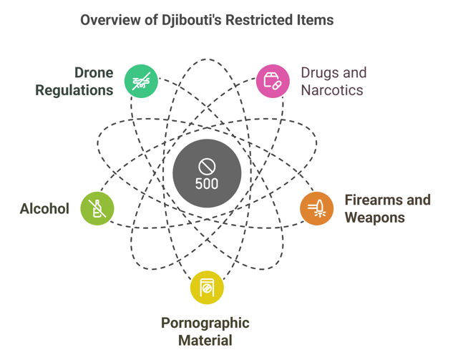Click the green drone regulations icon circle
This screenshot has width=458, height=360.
141,81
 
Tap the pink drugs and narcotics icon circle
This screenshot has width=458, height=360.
273,81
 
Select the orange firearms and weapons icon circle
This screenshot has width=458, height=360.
316,208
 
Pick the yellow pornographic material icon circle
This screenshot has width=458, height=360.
207,288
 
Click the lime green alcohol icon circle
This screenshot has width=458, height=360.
97,208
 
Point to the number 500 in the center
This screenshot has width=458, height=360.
207,183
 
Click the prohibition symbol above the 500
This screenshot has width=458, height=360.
207,167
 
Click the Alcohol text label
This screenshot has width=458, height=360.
44,209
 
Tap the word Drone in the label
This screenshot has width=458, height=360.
94,73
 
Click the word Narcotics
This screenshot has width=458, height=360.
332,90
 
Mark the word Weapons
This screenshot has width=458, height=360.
375,217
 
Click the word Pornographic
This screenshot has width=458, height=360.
205,323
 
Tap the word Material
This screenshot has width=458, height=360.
206,340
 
